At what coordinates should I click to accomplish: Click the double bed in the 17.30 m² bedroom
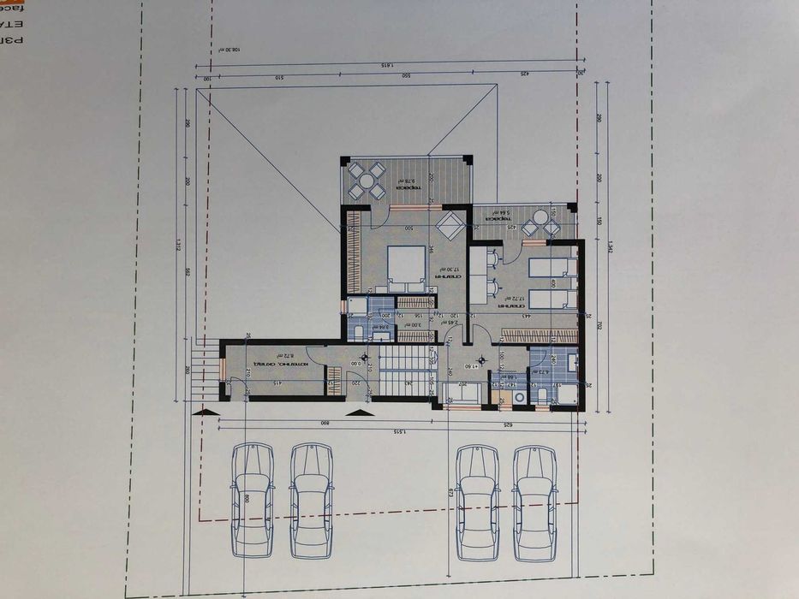pos(406,264)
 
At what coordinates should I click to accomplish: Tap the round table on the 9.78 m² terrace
pos(367,181)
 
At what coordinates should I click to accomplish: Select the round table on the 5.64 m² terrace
pos(537,226)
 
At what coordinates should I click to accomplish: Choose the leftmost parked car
pos(252,500)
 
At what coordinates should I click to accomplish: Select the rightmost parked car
pos(534,501)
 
